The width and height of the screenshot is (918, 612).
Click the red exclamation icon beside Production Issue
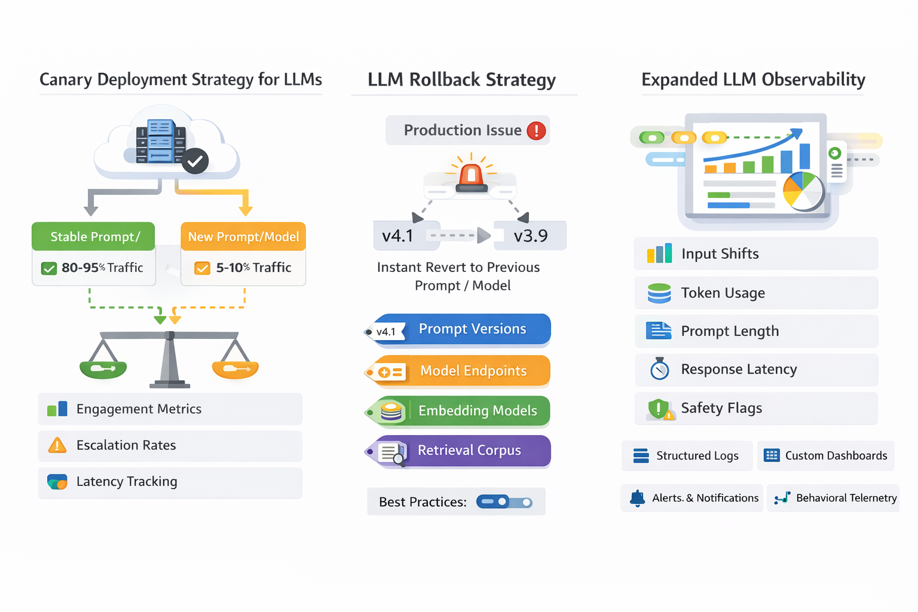click(x=536, y=130)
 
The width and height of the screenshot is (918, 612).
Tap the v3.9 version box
click(x=530, y=236)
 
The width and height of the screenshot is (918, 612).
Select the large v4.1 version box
click(x=398, y=236)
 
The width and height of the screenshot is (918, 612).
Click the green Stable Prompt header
click(x=94, y=237)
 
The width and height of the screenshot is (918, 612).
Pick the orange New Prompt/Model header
click(x=243, y=237)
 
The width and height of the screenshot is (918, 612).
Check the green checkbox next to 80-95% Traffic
click(x=49, y=268)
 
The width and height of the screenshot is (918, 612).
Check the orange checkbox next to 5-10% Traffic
click(x=203, y=268)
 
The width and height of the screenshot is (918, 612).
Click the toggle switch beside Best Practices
click(x=504, y=502)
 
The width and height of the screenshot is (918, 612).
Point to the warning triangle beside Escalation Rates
click(x=57, y=445)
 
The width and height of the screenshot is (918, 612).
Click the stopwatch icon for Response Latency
click(x=659, y=369)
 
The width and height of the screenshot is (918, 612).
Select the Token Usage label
click(x=723, y=293)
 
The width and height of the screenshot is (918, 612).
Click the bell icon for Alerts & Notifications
click(x=638, y=498)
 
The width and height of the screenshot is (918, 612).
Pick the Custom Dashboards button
click(x=826, y=456)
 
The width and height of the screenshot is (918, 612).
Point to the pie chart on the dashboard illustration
click(x=803, y=190)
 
